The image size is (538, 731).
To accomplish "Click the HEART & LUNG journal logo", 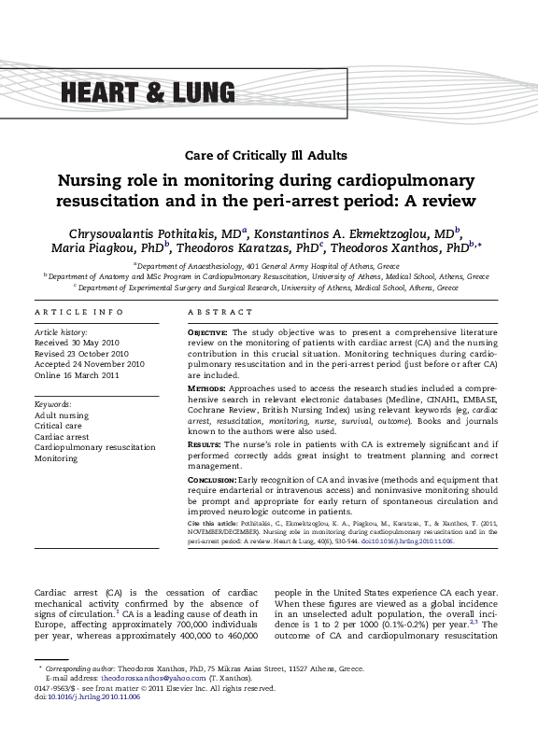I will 149,91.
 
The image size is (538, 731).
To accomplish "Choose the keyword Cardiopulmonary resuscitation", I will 94,448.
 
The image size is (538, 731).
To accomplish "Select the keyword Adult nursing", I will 62,415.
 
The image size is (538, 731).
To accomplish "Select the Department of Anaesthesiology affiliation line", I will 268,266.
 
